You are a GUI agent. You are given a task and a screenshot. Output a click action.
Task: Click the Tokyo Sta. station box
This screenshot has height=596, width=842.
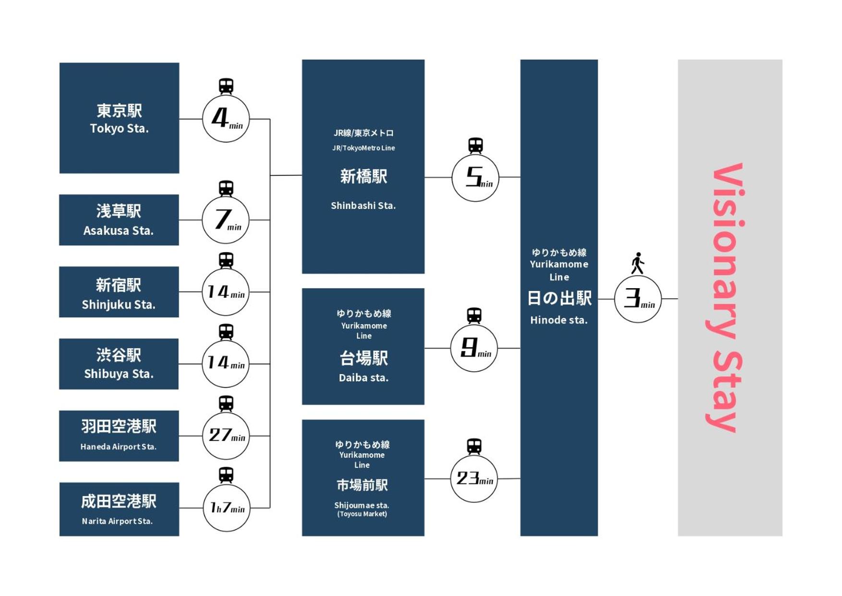119,118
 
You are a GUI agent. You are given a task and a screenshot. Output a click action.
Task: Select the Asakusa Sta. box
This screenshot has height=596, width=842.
119,220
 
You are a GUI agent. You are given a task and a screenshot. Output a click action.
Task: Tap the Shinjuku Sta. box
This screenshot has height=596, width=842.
119,292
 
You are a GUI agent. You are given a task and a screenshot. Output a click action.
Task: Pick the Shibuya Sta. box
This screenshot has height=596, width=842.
119,364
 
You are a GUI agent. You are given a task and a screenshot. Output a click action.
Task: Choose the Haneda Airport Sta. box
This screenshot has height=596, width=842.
119,436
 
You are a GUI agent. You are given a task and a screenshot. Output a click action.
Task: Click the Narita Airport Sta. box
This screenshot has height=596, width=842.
119,509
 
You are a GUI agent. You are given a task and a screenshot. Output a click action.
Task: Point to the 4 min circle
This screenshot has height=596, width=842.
226,119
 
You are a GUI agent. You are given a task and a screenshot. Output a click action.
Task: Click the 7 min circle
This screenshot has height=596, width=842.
226,220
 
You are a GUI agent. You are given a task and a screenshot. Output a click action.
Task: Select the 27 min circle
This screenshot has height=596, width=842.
226,436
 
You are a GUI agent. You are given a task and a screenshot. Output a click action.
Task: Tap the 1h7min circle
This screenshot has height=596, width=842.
226,508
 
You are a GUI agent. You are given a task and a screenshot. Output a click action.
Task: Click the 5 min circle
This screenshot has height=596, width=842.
475,178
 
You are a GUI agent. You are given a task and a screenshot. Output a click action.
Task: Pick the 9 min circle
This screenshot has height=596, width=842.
474,348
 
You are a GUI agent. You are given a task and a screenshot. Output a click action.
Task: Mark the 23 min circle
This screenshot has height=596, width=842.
474,479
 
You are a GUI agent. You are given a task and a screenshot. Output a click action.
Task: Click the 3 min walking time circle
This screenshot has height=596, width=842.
638,299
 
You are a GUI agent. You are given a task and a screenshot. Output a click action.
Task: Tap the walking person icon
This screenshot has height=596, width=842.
638,263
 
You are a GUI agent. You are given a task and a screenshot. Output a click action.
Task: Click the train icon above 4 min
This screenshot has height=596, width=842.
226,86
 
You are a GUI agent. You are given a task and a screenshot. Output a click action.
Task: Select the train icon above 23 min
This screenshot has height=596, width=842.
474,446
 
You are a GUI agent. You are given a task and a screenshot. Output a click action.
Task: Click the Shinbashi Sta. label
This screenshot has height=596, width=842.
363,206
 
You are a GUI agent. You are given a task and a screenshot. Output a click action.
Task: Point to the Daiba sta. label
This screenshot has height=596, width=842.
363,378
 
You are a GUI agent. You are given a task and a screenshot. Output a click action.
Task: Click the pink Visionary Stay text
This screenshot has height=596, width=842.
727,298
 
